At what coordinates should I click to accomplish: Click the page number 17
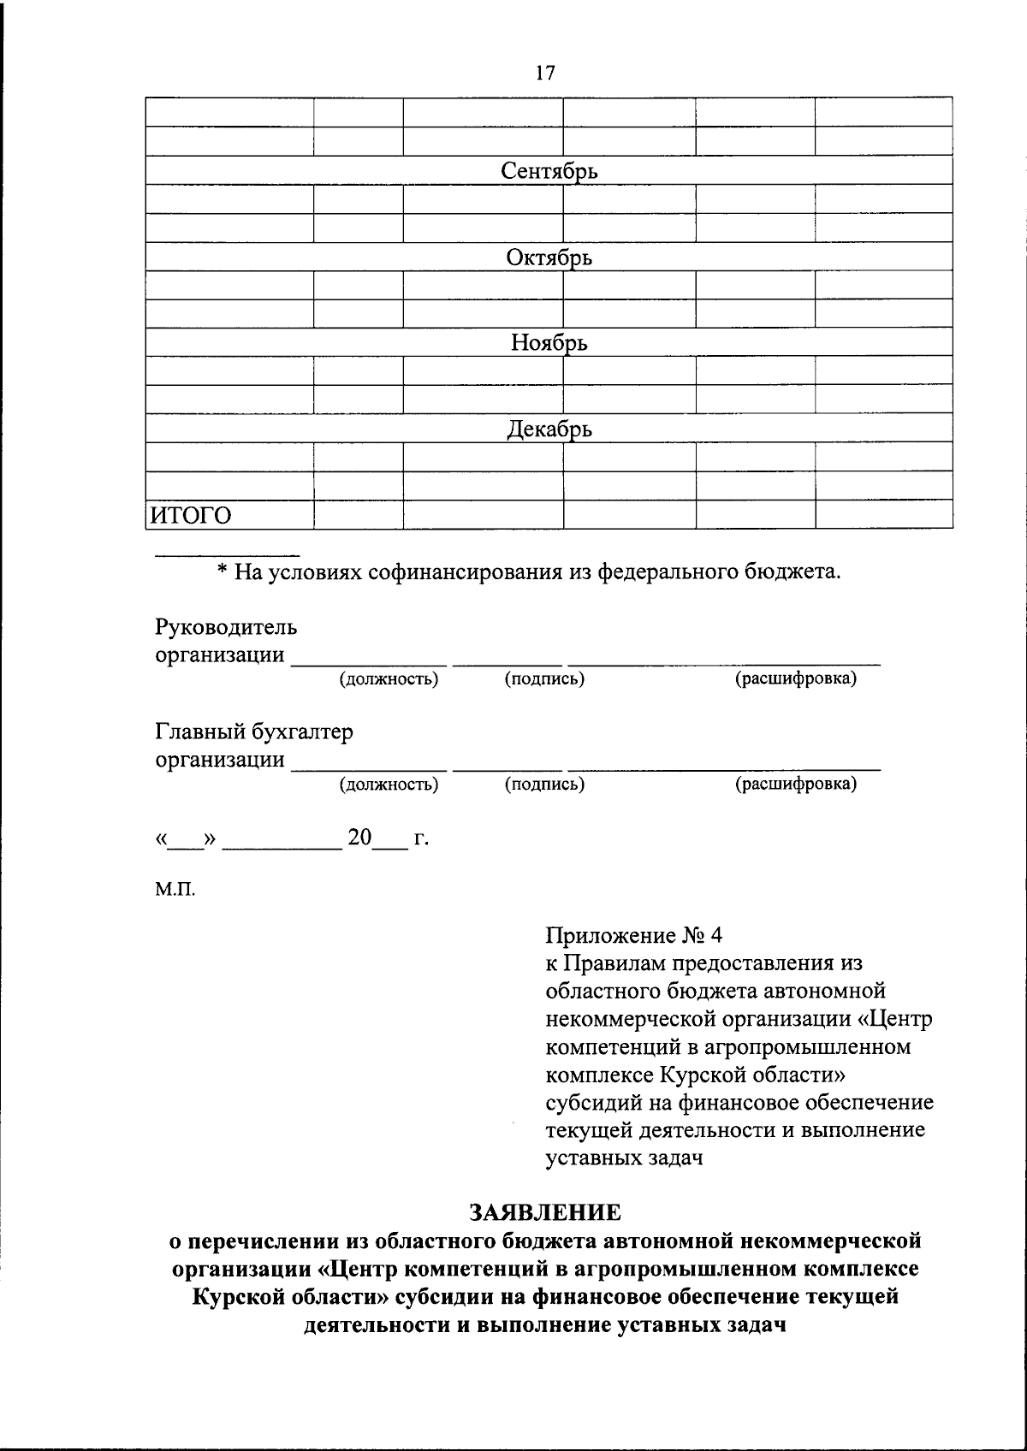pyautogui.click(x=545, y=74)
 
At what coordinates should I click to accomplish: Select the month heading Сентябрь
pyautogui.click(x=549, y=171)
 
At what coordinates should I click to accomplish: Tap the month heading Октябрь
pyautogui.click(x=549, y=258)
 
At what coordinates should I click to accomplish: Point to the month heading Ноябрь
pyautogui.click(x=549, y=343)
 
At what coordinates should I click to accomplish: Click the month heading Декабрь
pyautogui.click(x=549, y=429)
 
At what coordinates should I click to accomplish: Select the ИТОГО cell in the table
pyautogui.click(x=192, y=515)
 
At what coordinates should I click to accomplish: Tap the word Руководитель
pyautogui.click(x=226, y=627)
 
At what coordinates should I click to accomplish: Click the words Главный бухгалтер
pyautogui.click(x=253, y=731)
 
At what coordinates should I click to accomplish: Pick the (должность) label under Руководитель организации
pyautogui.click(x=389, y=679)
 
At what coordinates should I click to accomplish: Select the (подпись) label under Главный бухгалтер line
pyautogui.click(x=544, y=784)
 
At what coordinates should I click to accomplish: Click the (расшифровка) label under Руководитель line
pyautogui.click(x=796, y=679)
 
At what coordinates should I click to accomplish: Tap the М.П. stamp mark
pyautogui.click(x=175, y=890)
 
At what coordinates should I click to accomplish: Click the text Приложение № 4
pyautogui.click(x=634, y=935)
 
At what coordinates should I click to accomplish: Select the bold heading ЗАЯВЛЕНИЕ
pyautogui.click(x=544, y=1212)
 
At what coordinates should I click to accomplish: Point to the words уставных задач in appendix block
pyautogui.click(x=624, y=1158)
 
